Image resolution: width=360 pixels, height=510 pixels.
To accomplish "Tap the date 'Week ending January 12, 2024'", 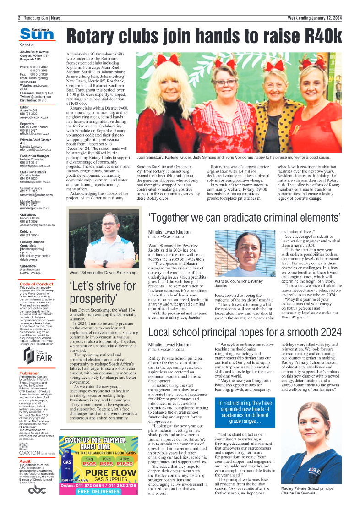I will pyautogui.click(x=314, y=18).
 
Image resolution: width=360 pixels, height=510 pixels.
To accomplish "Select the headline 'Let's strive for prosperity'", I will pyautogui.click(x=103, y=292).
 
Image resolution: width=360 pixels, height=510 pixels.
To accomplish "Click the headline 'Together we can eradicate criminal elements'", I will pyautogui.click(x=245, y=217).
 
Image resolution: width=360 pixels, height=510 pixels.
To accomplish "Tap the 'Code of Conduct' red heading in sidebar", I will pyautogui.click(x=37, y=284).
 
